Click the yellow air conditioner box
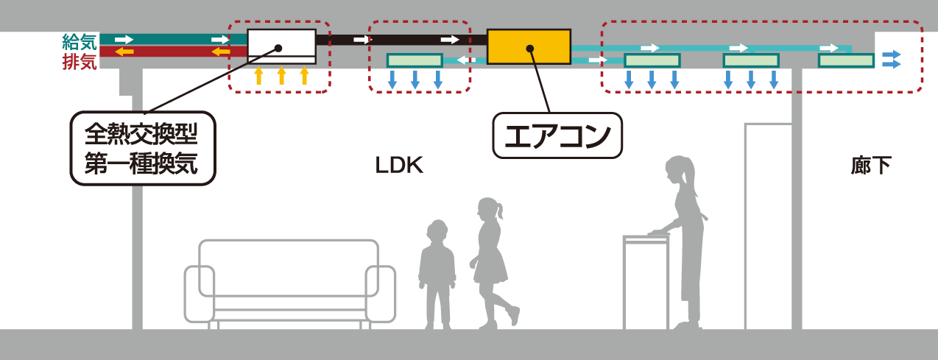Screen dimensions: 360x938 [x=529, y=46]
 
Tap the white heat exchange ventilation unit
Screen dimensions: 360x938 [x=281, y=46]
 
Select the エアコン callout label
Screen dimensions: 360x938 [x=557, y=135]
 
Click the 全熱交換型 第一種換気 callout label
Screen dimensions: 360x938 [x=142, y=148]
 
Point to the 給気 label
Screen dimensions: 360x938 [x=79, y=41]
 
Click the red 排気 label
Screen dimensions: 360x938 [x=79, y=62]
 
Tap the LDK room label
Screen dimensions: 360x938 [x=398, y=166]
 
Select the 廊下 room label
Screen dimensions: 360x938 [x=871, y=166]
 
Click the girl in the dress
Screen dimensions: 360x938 [x=491, y=261]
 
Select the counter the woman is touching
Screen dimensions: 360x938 [x=645, y=280]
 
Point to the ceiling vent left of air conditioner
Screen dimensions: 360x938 [x=415, y=60]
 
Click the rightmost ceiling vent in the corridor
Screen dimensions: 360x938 [x=846, y=60]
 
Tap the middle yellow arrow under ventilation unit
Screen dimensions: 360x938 [x=281, y=76]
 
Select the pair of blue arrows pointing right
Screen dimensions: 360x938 [x=892, y=59]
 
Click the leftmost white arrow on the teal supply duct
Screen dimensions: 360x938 [x=124, y=39]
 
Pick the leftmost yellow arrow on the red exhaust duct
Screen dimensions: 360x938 [x=124, y=52]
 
